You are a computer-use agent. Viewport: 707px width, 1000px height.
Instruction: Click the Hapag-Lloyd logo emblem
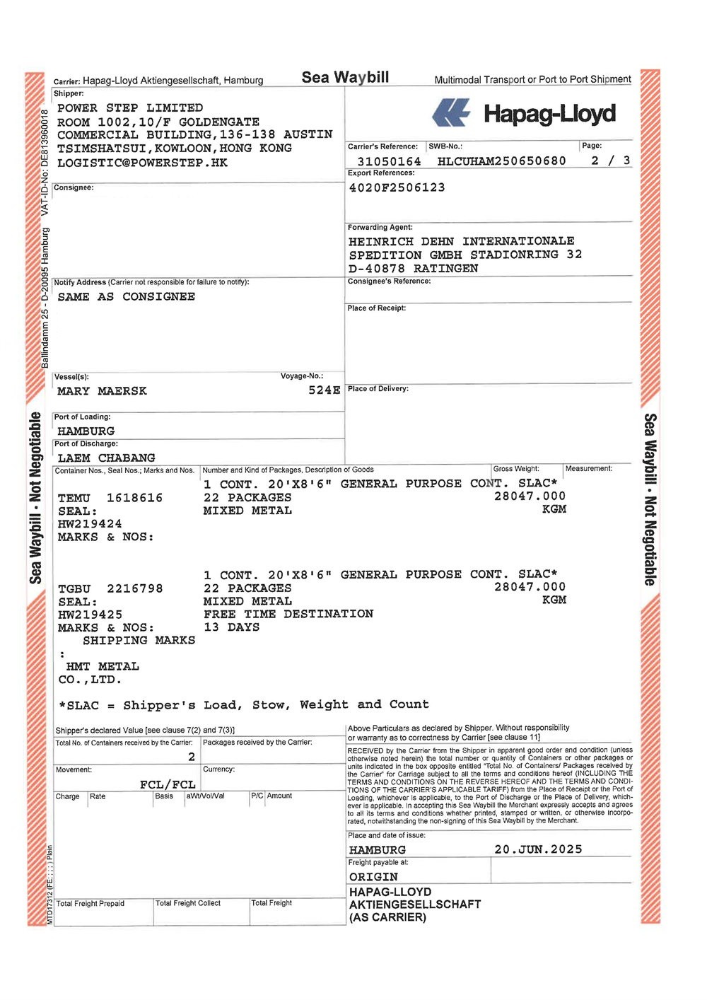pos(451,112)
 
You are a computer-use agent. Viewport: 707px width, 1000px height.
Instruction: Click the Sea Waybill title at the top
pos(345,77)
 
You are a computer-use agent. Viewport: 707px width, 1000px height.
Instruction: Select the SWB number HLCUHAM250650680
pos(501,161)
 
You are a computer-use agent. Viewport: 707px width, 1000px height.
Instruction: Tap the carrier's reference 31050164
pos(388,161)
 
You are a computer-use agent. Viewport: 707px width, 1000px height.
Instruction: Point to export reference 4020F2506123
pos(397,187)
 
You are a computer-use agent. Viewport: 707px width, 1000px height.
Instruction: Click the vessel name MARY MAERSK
pos(102,391)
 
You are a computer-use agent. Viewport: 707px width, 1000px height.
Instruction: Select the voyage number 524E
pos(324,390)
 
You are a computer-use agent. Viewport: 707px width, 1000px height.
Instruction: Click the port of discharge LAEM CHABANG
pos(106,458)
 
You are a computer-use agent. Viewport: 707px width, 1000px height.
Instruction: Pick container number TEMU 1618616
pos(110,498)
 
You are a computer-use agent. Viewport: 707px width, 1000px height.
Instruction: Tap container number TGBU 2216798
pos(110,588)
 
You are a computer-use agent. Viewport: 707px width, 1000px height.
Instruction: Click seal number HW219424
pos(90,524)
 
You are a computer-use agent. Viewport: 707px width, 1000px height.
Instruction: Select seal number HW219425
pos(90,615)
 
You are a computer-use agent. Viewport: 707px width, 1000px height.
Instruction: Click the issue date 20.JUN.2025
pos(538,849)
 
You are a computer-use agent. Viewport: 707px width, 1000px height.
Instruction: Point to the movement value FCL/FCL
pos(168,784)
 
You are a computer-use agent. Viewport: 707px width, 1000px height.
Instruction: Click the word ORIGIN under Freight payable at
pos(373,877)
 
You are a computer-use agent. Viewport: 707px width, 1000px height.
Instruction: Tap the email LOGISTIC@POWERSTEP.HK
pos(142,163)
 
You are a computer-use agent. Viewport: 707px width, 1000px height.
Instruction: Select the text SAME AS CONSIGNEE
pos(126,297)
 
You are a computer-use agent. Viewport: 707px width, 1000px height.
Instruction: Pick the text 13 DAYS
pos(231,627)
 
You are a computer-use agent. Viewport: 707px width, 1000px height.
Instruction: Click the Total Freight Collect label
pos(187,903)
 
